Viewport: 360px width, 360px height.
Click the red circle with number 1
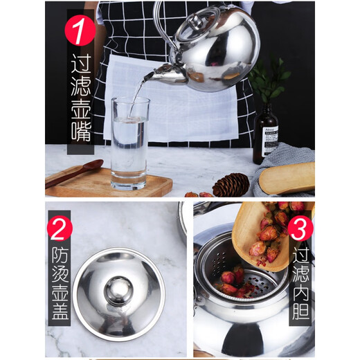point(80,30)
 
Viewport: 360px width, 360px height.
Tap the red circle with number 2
point(60,228)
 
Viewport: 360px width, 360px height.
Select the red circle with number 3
point(300,228)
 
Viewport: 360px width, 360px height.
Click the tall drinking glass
point(129,142)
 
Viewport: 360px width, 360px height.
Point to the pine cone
point(231,185)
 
